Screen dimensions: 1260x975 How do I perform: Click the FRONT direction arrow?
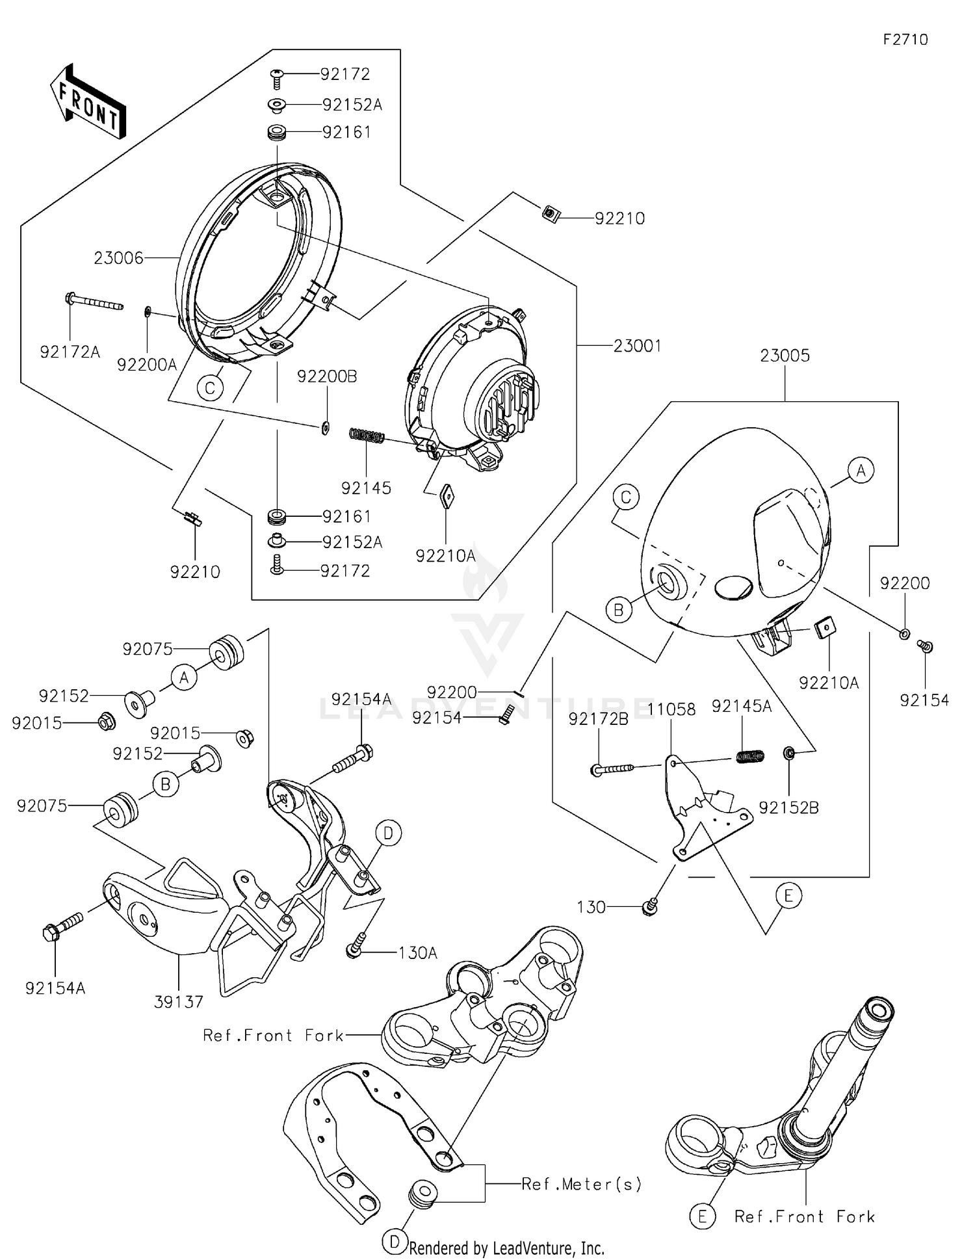(88, 101)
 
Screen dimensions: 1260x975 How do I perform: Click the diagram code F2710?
(905, 40)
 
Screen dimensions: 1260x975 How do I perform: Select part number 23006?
(118, 258)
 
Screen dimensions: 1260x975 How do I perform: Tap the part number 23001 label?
(637, 345)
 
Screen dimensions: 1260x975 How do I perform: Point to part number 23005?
(785, 356)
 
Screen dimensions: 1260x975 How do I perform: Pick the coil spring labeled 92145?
(367, 436)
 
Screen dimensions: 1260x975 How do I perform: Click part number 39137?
(179, 1002)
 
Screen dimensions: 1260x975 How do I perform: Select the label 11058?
(672, 709)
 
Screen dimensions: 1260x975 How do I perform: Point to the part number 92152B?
(789, 807)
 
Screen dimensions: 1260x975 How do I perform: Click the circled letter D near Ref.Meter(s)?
(395, 1242)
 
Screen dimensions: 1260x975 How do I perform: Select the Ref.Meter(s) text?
(582, 1184)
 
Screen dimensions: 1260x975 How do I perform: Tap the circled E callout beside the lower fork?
(702, 1216)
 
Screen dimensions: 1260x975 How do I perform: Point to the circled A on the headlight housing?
(861, 469)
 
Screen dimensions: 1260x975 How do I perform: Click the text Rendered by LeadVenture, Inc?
(506, 1248)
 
